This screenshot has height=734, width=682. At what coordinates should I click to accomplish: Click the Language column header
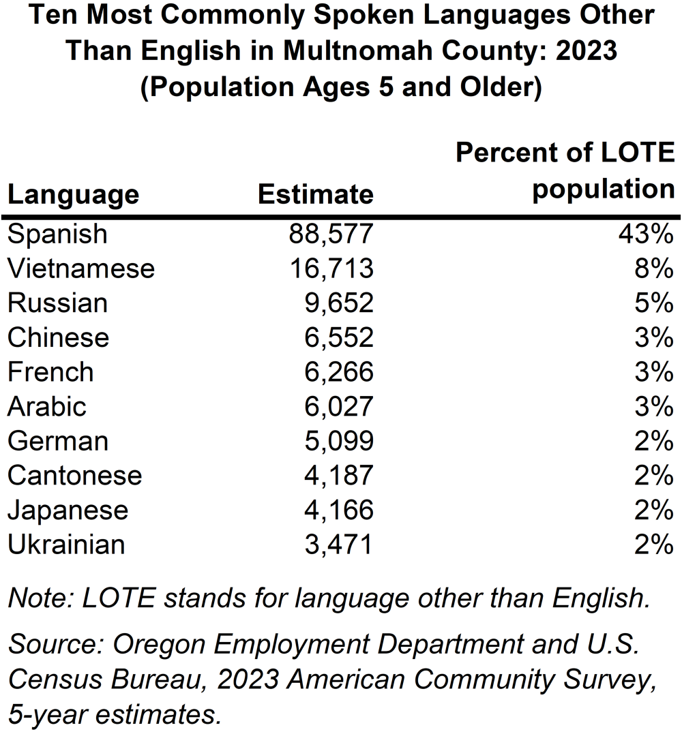[x=73, y=195]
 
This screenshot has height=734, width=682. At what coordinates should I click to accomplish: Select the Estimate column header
[x=316, y=195]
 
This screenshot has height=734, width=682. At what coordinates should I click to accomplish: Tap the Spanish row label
[x=57, y=234]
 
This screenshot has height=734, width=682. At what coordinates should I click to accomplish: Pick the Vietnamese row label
[x=81, y=269]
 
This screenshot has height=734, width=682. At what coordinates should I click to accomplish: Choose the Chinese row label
[x=58, y=338]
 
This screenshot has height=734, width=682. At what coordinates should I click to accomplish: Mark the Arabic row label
[x=47, y=407]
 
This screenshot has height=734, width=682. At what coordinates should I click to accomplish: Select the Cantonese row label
[x=75, y=476]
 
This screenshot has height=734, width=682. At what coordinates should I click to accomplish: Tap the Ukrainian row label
[x=66, y=545]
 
